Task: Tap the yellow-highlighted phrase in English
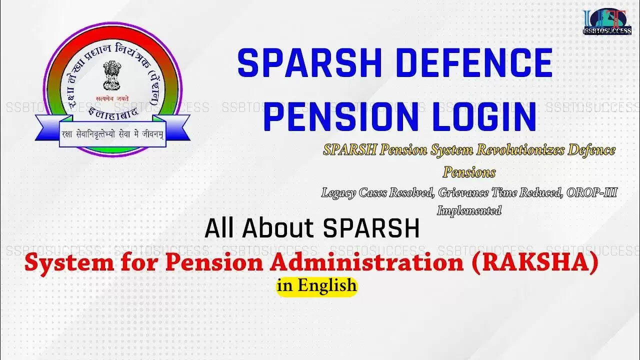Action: coord(317,286)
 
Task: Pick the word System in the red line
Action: coord(65,263)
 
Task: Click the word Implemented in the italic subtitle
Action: coord(469,210)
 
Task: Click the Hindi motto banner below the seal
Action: coord(112,135)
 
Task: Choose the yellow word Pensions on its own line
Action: coord(469,172)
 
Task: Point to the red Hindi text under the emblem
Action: coord(112,98)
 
